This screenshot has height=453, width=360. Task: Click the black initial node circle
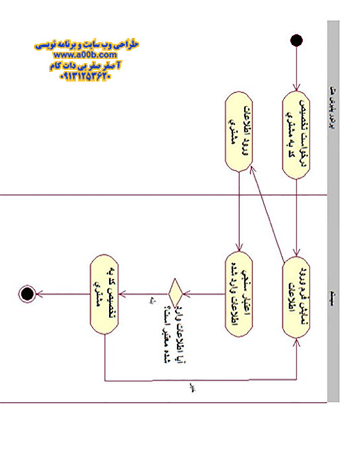click(297, 41)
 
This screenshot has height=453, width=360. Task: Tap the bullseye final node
click(26, 293)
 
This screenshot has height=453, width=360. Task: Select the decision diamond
click(175, 292)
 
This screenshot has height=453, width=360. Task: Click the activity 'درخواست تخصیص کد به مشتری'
click(296, 135)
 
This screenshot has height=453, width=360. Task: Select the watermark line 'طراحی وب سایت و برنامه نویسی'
click(87, 45)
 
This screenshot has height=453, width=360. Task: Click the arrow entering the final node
click(61, 293)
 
